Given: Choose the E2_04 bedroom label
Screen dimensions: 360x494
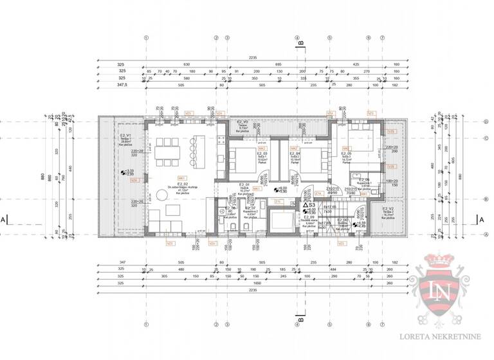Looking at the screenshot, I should [x=294, y=154].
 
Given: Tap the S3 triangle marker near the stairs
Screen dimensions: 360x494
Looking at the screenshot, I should [x=310, y=205].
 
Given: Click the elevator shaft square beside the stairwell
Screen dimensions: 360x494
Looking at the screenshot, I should [x=281, y=224].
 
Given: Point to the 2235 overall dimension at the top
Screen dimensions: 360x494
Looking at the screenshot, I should [x=252, y=58].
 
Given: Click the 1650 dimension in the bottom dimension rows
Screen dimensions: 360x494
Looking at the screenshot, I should [x=252, y=283].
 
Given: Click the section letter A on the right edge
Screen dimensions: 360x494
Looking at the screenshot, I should [x=481, y=219].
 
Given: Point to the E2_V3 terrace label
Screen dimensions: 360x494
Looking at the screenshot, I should [x=242, y=122].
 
